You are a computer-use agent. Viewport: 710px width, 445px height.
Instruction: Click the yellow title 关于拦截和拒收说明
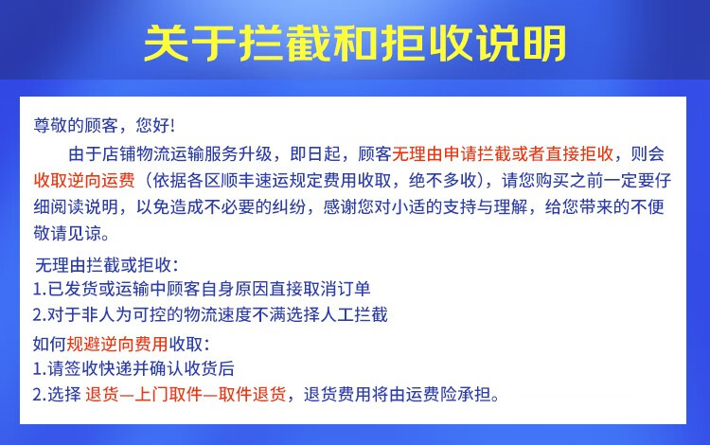355,44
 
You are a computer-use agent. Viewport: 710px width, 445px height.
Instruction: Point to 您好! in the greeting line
155,125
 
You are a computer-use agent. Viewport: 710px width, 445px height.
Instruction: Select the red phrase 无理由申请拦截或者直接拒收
503,154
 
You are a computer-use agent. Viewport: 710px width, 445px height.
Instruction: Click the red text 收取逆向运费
84,180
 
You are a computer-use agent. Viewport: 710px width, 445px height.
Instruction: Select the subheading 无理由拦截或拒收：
107,265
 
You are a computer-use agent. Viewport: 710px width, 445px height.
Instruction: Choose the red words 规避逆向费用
117,344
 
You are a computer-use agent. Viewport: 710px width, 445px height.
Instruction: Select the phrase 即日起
315,154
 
